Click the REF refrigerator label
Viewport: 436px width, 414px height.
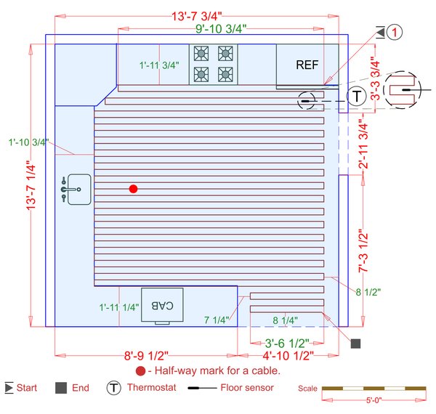coord(307,65)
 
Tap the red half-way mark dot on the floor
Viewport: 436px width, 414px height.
coord(133,189)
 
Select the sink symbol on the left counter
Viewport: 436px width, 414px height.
coord(76,188)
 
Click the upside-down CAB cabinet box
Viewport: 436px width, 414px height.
coord(161,305)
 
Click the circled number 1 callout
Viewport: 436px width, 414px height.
coord(393,32)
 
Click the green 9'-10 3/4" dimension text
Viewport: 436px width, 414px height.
coord(221,29)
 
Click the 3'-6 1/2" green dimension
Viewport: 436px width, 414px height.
coord(287,343)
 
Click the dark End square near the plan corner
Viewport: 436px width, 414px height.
coord(355,344)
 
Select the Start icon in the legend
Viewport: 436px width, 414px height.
coord(9,388)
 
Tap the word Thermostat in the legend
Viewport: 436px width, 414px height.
coord(151,388)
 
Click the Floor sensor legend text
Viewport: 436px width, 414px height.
coord(247,388)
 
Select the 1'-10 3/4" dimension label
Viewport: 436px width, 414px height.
coord(27,142)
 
